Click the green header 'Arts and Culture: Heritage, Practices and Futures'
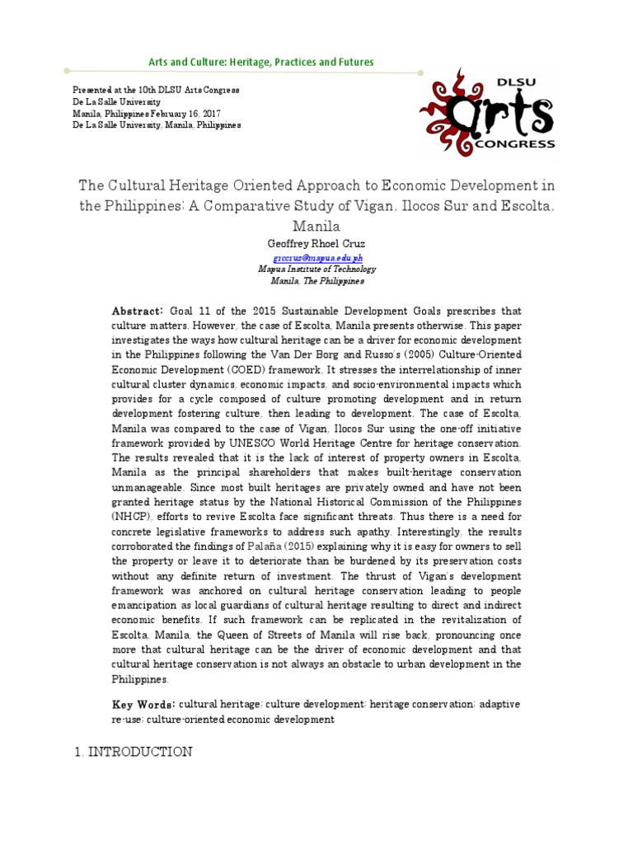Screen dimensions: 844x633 tap(260, 63)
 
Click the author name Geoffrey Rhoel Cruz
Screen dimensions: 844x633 tap(316, 243)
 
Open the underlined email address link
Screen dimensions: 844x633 tap(316, 257)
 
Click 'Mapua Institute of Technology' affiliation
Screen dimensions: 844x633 tap(316, 269)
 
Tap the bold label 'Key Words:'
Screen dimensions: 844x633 tap(143, 705)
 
